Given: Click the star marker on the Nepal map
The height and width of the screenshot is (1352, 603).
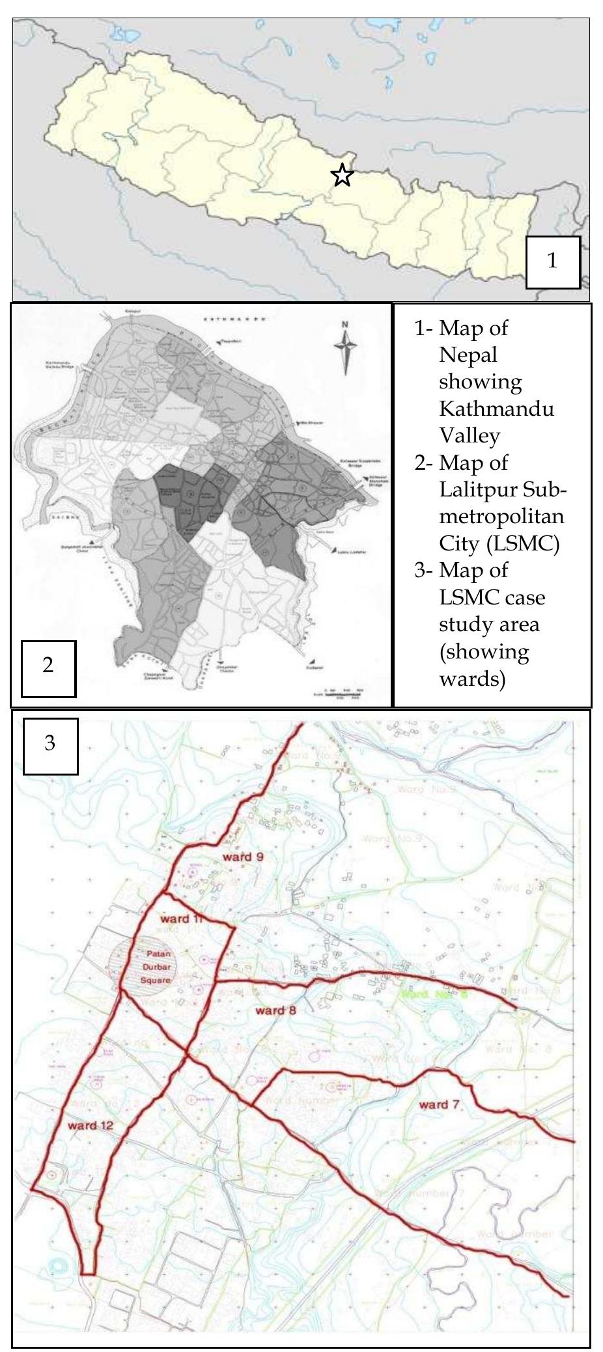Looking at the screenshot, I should coord(342,175).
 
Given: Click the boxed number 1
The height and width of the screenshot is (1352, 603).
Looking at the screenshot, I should coord(552,262).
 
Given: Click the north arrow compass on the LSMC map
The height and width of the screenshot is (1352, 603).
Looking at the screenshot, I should coord(346,347).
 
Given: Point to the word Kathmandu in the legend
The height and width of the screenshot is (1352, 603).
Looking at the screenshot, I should coord(496,409).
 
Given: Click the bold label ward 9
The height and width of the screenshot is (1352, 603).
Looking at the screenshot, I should coord(243,857).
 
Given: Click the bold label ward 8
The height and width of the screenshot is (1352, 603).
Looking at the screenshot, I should coord(276,1010).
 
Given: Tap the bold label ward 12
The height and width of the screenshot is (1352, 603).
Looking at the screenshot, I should coord(91,1125).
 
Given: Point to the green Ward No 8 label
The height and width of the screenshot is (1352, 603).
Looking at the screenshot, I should coord(425,994).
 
